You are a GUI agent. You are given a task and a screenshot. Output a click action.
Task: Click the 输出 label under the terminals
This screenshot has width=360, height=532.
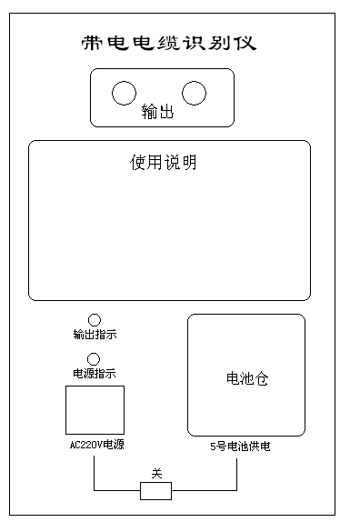click(x=157, y=113)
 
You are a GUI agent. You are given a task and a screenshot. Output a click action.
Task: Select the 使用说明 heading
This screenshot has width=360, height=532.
click(x=164, y=164)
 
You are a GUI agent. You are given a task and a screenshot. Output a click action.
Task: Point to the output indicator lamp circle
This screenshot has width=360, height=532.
click(x=94, y=320)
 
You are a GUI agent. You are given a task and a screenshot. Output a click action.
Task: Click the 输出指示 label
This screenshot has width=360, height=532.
click(x=94, y=336)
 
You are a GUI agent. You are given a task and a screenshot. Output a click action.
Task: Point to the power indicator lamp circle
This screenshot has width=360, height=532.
click(x=94, y=359)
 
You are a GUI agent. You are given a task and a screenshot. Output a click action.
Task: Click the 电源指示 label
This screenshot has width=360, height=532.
click(x=94, y=374)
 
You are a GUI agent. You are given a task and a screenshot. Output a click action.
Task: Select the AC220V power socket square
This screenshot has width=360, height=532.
click(x=95, y=410)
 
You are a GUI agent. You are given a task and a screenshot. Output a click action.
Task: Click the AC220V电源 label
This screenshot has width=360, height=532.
click(x=96, y=446)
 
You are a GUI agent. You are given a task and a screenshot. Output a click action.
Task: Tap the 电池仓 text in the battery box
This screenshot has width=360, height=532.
click(x=246, y=379)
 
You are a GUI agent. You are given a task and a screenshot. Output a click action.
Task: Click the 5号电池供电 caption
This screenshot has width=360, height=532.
click(x=240, y=447)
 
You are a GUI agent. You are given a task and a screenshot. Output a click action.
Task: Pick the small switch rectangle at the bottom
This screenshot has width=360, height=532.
click(x=155, y=491)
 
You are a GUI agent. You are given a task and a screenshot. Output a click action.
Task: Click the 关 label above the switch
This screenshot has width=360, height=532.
click(x=155, y=474)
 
